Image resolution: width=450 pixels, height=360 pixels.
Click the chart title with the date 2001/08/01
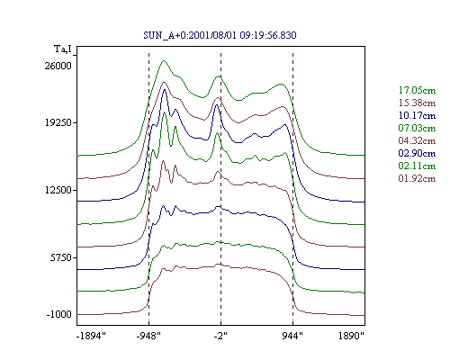[220, 35]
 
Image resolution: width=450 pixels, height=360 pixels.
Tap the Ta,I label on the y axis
[63, 49]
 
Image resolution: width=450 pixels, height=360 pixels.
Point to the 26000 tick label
[58, 66]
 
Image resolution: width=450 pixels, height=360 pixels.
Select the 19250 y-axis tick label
[58, 122]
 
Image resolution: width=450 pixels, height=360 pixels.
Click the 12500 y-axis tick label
[58, 190]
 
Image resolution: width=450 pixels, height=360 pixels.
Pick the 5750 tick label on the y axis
[61, 257]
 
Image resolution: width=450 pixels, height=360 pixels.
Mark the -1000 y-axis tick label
[59, 314]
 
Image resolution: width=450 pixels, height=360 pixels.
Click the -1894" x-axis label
[91, 336]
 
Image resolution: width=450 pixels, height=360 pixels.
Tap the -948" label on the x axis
[148, 336]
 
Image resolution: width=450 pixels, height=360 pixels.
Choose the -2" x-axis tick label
[220, 336]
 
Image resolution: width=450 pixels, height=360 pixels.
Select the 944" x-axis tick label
[292, 336]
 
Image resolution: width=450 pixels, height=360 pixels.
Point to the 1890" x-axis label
[351, 336]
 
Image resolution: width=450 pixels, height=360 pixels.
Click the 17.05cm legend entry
[417, 90]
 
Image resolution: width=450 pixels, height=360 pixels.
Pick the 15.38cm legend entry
[417, 103]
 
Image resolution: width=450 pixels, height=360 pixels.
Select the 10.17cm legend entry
[417, 115]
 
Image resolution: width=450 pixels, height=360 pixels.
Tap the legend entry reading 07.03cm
[417, 128]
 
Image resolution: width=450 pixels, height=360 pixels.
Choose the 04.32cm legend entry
[417, 140]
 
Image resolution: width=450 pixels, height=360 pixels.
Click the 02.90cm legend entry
[417, 153]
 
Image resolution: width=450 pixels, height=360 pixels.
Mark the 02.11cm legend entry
[417, 166]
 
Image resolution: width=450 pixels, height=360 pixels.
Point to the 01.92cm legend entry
[417, 178]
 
